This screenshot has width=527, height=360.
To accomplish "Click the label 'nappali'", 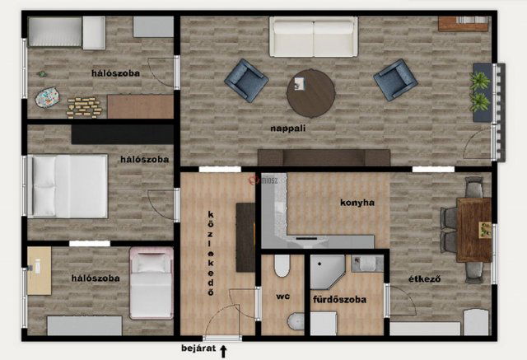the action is click(287, 129).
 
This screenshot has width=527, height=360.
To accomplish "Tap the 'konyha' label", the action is click(357, 203).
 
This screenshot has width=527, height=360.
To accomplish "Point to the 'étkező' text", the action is click(425, 279).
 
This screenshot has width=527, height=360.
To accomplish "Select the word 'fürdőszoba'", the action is click(339, 300).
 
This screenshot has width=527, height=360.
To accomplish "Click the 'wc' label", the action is click(282, 297).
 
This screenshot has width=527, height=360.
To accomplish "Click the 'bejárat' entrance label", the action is click(198, 348).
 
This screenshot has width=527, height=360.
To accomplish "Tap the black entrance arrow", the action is click(223, 351).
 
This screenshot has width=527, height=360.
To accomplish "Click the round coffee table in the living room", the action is click(311, 93).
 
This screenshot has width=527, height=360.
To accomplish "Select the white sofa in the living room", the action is click(313, 36).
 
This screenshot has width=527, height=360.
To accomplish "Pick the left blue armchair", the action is click(246, 81).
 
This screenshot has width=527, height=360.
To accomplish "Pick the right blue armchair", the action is click(395, 80).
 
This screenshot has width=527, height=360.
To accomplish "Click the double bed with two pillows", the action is click(68, 186).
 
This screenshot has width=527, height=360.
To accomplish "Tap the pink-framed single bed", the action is click(152, 283).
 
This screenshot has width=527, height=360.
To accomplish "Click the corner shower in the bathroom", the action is click(326, 272).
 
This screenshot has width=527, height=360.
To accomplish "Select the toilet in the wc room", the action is click(282, 265).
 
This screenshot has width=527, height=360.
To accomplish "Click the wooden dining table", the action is click(474, 230).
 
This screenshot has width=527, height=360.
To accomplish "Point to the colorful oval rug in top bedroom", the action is click(48, 97).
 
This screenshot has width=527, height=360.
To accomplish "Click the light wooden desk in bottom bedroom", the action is click(40, 271).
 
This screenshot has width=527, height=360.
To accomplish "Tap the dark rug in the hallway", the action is click(245, 237).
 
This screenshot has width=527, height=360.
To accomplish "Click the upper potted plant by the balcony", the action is click(479, 82).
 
